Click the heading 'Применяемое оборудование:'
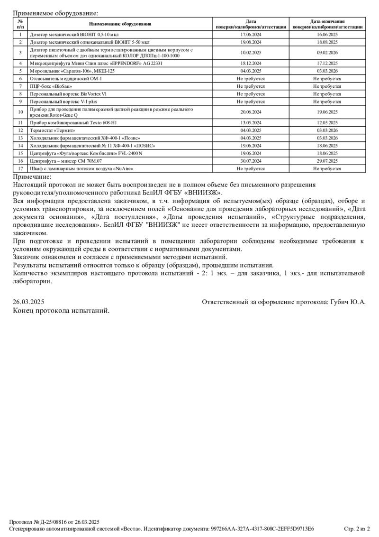pos(56,14)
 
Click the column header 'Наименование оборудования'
pos(120,24)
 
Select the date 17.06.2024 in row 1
pos(251,35)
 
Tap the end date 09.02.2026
pos(327,52)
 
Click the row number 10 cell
pos(20,112)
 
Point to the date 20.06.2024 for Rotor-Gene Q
pos(251,112)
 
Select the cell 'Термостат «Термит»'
pos(53,130)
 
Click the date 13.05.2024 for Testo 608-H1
pos(251,122)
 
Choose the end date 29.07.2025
pos(327,161)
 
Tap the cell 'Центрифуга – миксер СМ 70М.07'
pos(66,161)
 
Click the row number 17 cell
pos(20,168)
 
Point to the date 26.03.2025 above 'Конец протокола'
pos(28,302)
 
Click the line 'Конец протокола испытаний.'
pos(61,311)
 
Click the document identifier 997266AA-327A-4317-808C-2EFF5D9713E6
pos(262,528)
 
